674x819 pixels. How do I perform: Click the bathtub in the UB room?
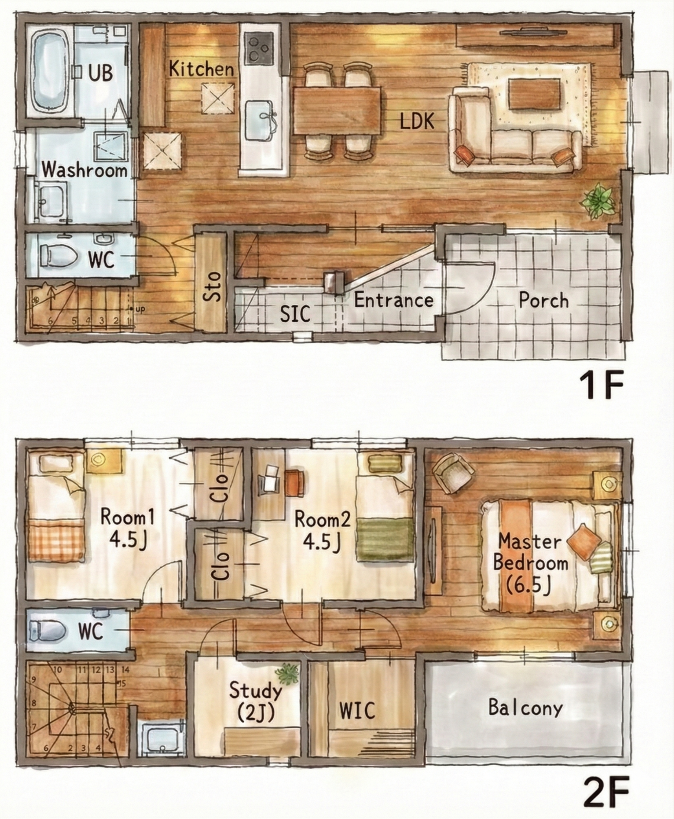[50, 72]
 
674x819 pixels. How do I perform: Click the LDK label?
[418, 122]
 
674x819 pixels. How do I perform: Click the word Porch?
[544, 301]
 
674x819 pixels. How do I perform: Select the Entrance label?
[394, 300]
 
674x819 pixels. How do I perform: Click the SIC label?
[295, 314]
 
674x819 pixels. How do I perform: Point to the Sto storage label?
[212, 286]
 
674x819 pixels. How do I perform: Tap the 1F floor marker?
[601, 385]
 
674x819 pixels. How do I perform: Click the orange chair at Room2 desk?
[294, 483]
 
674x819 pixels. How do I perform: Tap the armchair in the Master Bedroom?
[453, 473]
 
